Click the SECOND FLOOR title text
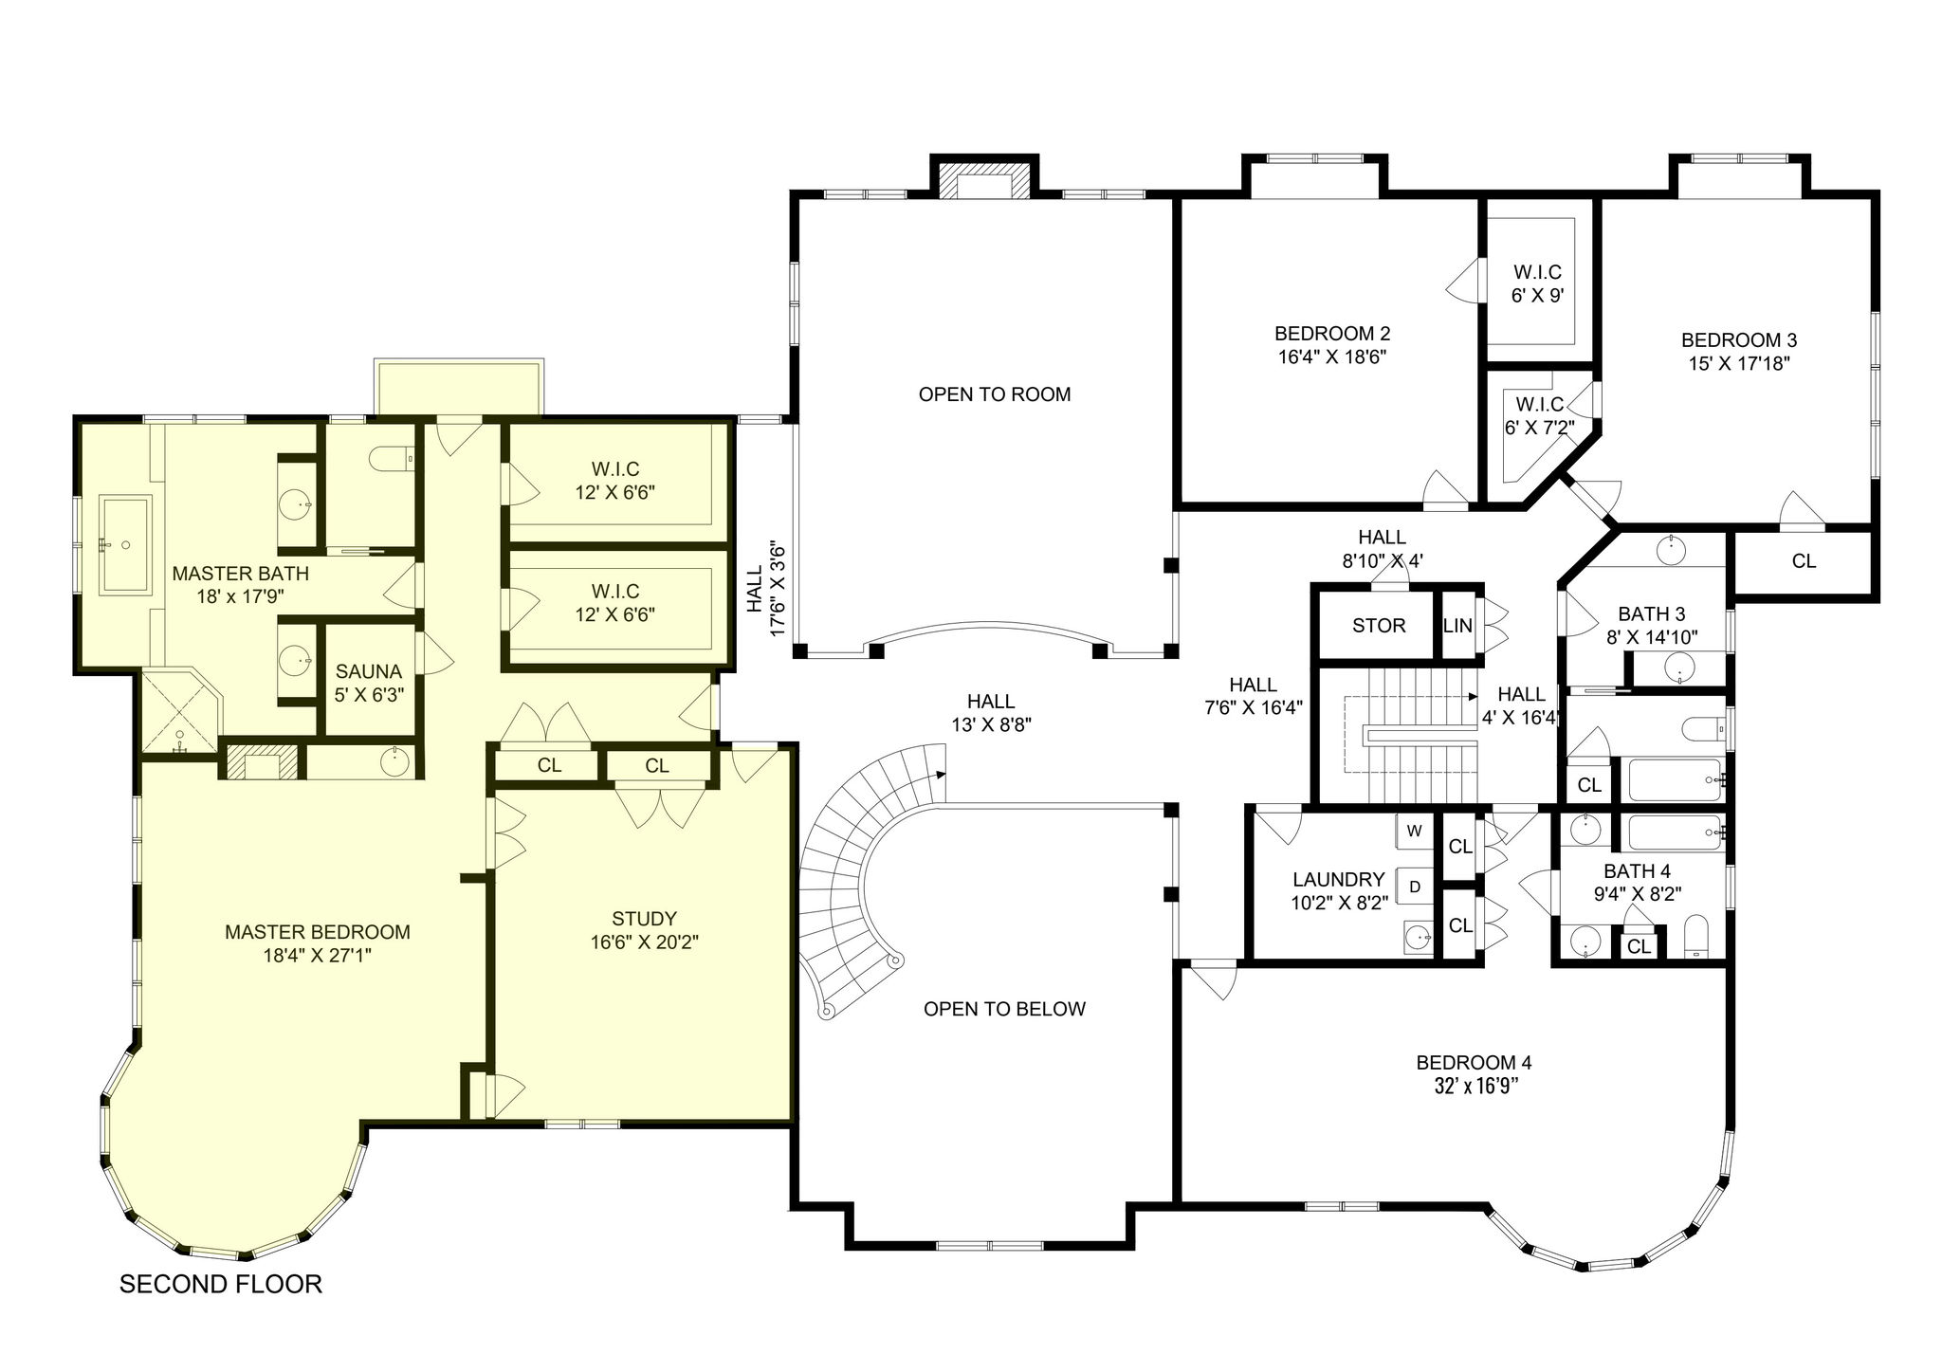coord(221,1284)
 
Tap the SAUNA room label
coord(369,671)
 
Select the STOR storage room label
coord(1379,626)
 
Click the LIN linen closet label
coord(1457,626)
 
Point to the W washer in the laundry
coord(1414,832)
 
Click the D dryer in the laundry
coord(1415,887)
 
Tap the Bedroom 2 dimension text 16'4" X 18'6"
coord(1332,357)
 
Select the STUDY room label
coord(644,918)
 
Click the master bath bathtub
coord(126,544)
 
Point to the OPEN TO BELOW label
coord(1004,1009)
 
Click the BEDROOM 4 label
coord(1474,1062)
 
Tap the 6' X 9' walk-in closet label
coord(1537,296)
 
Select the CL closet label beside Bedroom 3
coord(1804,561)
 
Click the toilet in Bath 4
coord(1695,937)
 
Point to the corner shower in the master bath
coord(180,712)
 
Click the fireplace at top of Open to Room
coord(983,180)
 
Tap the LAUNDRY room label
coord(1338,879)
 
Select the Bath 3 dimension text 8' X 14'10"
coord(1651,637)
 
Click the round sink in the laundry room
coord(1419,938)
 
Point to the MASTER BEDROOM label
coord(318,932)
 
